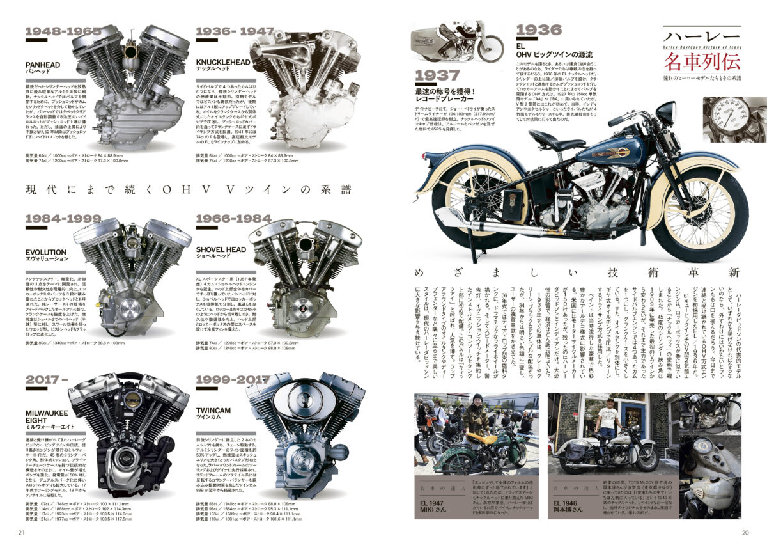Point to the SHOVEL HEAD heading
221,249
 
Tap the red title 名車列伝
701,62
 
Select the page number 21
21,532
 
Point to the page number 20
745,532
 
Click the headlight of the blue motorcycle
665,113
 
